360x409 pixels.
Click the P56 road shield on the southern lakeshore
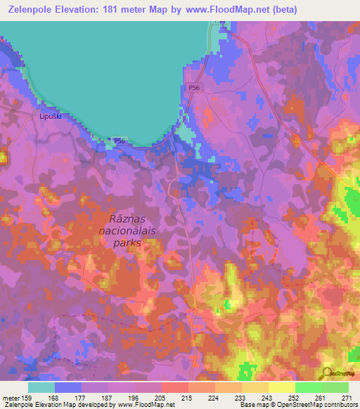[120, 141]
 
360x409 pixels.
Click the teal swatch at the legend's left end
[41, 387]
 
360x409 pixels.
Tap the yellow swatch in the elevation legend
[281, 387]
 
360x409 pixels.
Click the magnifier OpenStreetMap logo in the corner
[328, 374]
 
